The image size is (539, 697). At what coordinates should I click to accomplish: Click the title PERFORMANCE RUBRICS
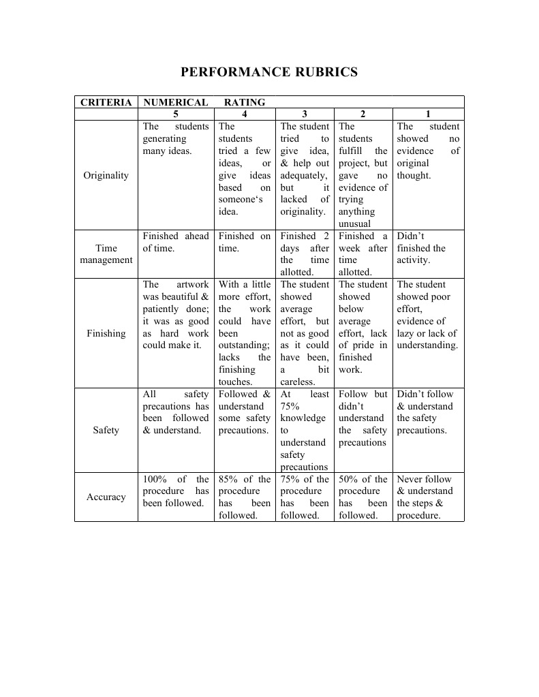(x=268, y=72)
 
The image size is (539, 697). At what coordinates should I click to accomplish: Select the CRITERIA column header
(x=106, y=102)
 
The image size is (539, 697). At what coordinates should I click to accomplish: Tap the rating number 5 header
(x=176, y=114)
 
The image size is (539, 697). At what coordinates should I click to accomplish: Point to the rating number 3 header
(x=304, y=114)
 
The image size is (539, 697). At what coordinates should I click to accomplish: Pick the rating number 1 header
(x=427, y=114)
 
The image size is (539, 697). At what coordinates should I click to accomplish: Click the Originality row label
(x=106, y=175)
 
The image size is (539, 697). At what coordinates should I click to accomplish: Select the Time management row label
(x=106, y=253)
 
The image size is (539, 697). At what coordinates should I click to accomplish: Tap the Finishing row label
(x=106, y=333)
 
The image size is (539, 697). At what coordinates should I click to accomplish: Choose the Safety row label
(x=106, y=430)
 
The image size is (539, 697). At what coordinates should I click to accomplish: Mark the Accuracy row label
(x=106, y=497)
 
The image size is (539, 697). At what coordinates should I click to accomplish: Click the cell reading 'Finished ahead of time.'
(x=176, y=242)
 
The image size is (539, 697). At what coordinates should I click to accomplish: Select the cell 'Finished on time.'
(x=244, y=242)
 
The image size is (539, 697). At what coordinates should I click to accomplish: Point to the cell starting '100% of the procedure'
(x=176, y=491)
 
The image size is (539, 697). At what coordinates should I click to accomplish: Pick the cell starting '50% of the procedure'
(x=363, y=497)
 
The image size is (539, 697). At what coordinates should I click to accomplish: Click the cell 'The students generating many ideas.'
(x=176, y=138)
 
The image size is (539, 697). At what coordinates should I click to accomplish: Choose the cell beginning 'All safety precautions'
(x=176, y=412)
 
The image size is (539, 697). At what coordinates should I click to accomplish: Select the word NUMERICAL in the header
(x=176, y=102)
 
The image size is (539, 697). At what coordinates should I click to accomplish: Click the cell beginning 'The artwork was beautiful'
(x=176, y=315)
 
